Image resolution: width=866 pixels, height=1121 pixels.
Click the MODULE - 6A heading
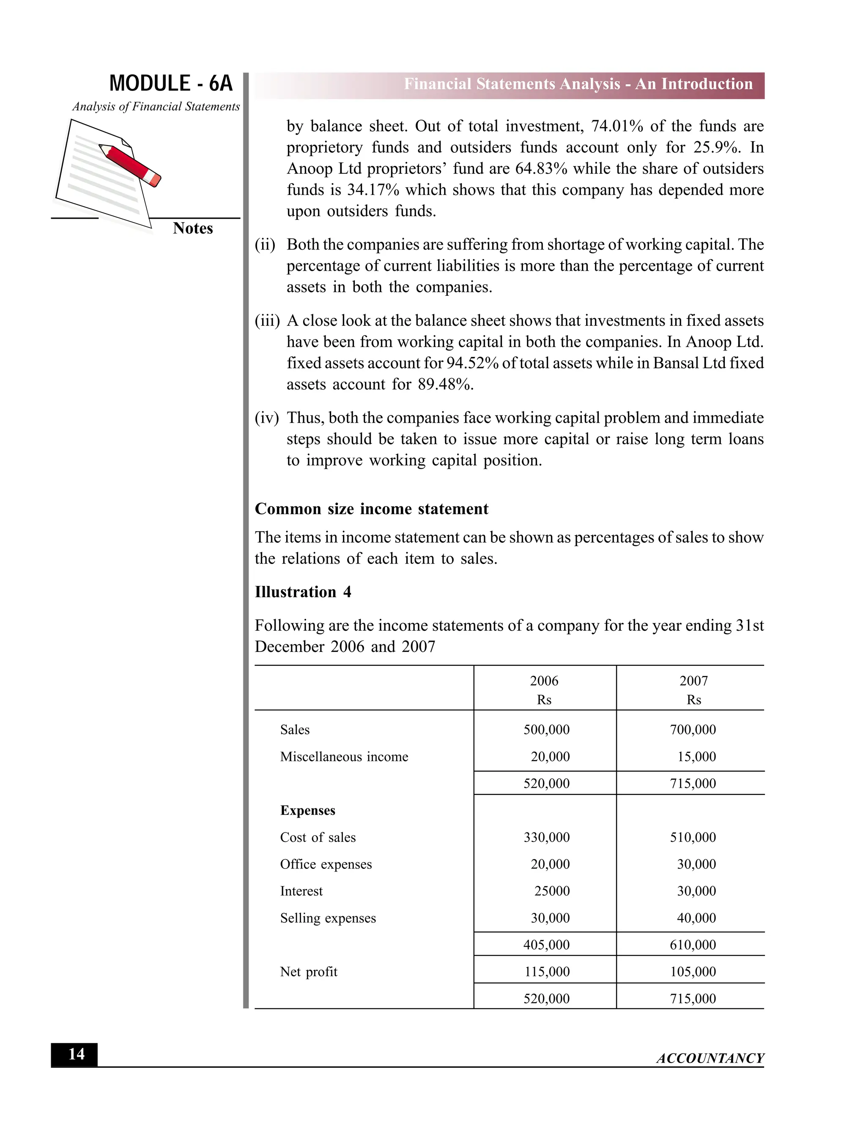click(171, 84)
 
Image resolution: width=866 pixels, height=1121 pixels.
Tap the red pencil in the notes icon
click(131, 164)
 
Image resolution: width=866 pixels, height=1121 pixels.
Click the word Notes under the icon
click(192, 228)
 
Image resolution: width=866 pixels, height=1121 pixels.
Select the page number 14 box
click(75, 1054)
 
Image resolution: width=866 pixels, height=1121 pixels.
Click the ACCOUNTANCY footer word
click(710, 1058)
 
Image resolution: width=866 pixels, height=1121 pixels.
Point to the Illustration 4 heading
click(303, 592)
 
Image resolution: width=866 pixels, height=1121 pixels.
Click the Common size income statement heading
click(371, 508)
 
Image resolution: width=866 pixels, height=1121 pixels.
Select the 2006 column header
click(544, 681)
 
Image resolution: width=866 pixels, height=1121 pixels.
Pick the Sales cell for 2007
click(693, 729)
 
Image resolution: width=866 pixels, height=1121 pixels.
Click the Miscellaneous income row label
click(344, 757)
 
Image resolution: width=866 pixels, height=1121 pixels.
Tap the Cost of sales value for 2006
click(546, 837)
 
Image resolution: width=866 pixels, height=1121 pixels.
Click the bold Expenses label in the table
click(307, 811)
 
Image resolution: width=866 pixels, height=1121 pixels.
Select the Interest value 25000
click(551, 890)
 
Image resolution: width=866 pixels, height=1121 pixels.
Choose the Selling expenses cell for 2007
click(696, 918)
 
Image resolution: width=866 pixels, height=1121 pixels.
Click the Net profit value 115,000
click(547, 972)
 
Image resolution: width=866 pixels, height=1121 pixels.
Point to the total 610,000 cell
click(693, 945)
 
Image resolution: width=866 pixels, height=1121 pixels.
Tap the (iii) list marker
click(267, 321)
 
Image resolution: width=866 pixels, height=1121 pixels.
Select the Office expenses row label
click(326, 864)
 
